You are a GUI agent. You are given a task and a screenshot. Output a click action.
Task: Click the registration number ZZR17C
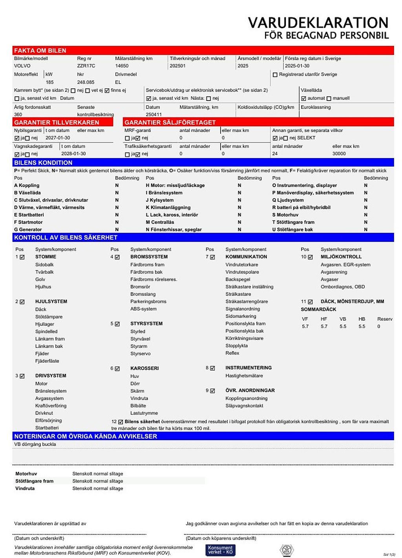[86, 66]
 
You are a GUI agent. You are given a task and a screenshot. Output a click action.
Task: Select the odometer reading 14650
[122, 66]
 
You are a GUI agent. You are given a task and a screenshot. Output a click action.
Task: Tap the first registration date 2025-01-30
[297, 66]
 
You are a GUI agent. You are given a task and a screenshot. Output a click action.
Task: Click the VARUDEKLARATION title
[318, 23]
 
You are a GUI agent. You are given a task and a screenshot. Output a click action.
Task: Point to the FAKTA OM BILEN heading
[40, 51]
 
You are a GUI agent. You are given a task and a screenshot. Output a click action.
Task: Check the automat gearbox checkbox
[303, 99]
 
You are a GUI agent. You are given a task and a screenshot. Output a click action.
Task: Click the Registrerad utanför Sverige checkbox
[275, 75]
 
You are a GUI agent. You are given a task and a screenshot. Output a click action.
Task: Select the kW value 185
[49, 83]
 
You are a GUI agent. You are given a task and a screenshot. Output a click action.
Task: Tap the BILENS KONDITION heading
[43, 163]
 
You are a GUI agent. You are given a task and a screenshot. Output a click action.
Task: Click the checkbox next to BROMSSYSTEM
[117, 257]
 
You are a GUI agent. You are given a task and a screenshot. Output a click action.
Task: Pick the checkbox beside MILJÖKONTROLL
[310, 257]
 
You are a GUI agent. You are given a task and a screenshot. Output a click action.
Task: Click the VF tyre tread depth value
[305, 327]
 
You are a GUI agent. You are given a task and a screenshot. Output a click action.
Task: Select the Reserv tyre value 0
[378, 327]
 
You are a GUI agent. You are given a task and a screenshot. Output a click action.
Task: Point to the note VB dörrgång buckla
[35, 444]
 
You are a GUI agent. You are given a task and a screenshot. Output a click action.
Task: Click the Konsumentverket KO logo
[220, 550]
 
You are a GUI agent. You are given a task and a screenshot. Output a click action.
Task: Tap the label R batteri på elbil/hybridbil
[301, 207]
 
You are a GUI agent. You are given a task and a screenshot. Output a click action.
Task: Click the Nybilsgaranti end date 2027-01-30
[58, 138]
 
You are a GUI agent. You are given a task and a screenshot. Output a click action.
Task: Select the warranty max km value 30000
[339, 154]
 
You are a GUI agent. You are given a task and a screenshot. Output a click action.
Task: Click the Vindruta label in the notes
[25, 488]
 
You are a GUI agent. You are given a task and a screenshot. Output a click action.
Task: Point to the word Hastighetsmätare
[244, 376]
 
